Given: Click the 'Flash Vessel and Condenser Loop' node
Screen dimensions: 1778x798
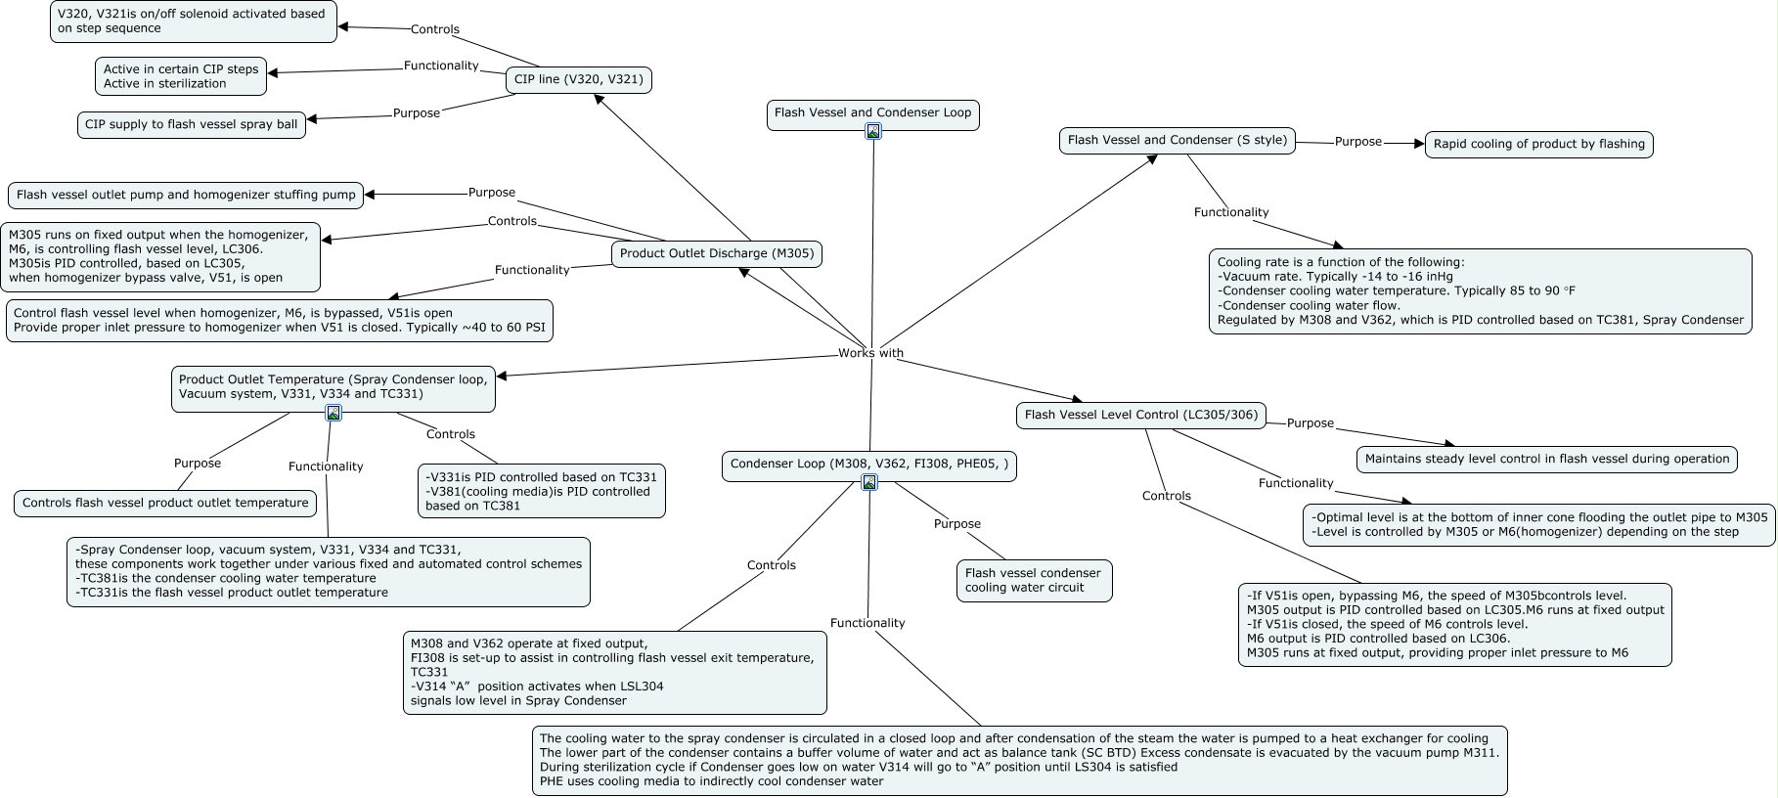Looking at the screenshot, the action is tap(872, 113).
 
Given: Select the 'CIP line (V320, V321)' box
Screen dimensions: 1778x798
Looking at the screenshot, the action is tap(578, 79).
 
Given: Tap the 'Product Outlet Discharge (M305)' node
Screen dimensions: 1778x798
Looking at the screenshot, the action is tap(717, 254).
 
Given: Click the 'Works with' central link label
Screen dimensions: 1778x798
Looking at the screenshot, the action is tap(870, 353).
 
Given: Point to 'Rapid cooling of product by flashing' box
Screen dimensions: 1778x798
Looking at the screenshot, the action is tap(1539, 144).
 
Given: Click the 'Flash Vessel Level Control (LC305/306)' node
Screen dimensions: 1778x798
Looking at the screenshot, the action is tap(1141, 415).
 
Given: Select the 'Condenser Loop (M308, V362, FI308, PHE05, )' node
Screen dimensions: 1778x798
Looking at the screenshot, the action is tap(869, 465).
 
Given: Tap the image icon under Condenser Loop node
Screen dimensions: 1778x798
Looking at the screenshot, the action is tap(869, 482).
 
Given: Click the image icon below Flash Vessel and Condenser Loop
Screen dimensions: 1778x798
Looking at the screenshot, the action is tap(873, 131).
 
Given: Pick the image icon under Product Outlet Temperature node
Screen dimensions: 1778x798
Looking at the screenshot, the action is tap(333, 413).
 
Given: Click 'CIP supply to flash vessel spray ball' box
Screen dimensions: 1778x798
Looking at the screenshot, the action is tap(192, 124).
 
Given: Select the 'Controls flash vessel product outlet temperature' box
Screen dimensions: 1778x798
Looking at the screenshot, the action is tap(165, 503).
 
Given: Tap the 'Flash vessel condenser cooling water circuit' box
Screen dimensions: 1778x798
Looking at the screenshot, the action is tap(1034, 580).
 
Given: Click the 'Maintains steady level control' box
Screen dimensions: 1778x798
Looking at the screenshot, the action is tap(1547, 459).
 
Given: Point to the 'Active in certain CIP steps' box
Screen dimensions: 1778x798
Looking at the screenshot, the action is tap(181, 76).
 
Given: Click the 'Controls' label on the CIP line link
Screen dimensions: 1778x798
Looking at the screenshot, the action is tap(435, 29).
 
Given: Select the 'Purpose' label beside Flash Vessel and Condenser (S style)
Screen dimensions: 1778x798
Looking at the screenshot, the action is tap(1358, 142).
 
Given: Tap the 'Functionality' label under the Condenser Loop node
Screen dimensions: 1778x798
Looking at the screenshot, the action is tap(867, 623).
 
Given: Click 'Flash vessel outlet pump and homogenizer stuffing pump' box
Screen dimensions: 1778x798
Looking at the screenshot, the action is tap(186, 195).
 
